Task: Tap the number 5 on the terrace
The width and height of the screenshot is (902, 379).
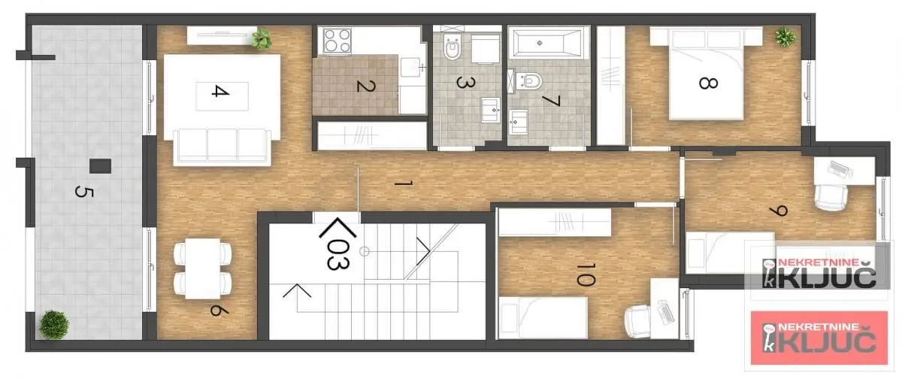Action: click(x=80, y=191)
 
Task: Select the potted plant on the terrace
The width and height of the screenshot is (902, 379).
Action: click(x=54, y=325)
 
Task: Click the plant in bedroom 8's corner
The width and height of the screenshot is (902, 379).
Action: click(x=784, y=35)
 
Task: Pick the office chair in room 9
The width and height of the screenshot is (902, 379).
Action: click(x=831, y=197)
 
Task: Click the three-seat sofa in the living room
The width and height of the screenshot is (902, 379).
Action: click(x=222, y=146)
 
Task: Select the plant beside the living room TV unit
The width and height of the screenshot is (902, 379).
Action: click(x=262, y=38)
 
